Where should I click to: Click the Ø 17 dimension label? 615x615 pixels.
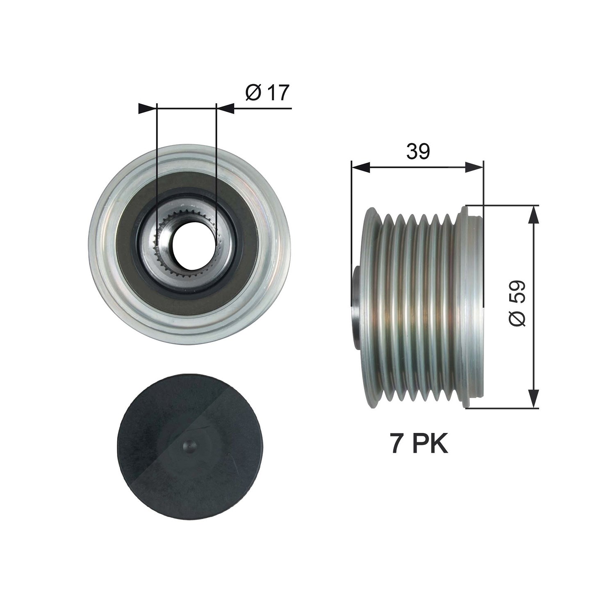tap(267, 93)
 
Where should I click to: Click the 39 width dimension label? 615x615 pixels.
tap(418, 152)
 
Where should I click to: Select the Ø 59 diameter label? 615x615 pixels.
tap(517, 304)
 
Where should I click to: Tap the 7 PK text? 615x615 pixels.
tap(419, 444)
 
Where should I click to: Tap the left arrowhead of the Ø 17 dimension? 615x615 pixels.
tap(148, 108)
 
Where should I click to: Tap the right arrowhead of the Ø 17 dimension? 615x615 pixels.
tap(225, 108)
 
